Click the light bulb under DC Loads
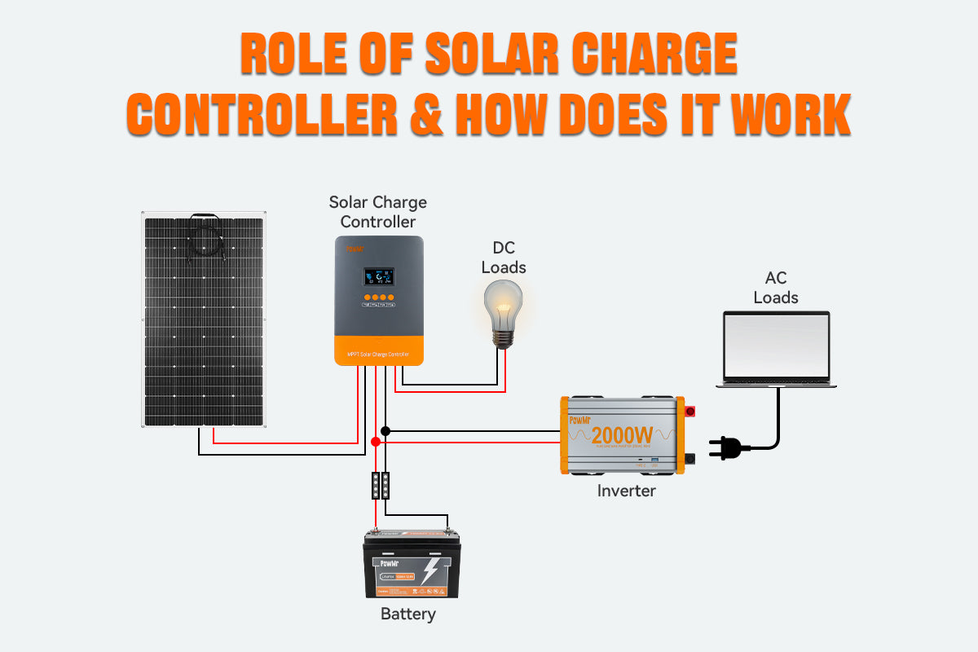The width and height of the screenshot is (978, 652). (504, 312)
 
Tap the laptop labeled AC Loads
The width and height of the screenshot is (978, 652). (776, 349)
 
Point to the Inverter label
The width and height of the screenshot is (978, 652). (626, 491)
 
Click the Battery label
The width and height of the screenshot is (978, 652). (408, 615)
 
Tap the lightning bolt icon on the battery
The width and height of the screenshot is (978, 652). (429, 571)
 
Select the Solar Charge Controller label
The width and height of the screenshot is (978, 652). (378, 212)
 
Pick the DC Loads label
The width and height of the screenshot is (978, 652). (504, 257)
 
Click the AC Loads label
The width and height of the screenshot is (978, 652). (776, 287)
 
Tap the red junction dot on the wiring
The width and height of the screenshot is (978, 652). (376, 442)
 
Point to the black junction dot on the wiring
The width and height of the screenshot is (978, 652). (385, 430)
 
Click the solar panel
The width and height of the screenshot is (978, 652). (205, 319)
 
